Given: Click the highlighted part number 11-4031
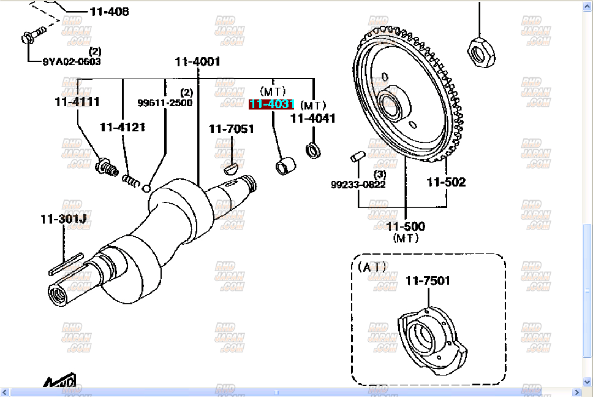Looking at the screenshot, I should tap(271, 104).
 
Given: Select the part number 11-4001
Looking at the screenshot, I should tap(197, 61).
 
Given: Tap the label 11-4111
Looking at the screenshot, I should tap(77, 102).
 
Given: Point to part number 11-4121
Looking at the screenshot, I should tap(123, 127).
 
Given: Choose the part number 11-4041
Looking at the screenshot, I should tap(312, 118).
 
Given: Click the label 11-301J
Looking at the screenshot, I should tap(63, 218).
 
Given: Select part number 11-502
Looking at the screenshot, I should tap(446, 182).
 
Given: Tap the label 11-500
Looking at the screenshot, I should tap(406, 226).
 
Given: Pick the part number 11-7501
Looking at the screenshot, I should tap(428, 281).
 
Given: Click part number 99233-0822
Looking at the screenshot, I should tap(358, 184).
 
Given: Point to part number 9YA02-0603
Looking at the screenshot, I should tap(72, 61).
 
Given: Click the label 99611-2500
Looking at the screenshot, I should tap(164, 102).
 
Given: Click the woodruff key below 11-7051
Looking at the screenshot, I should tap(230, 166).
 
